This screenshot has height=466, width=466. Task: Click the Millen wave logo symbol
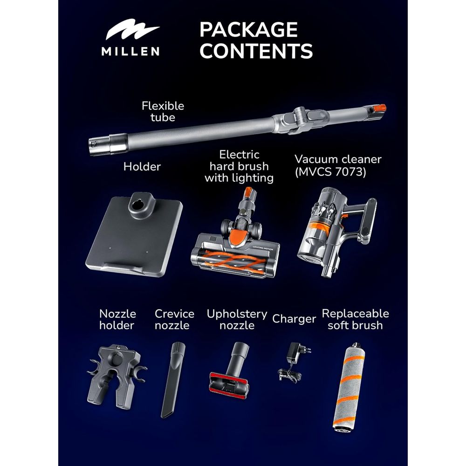(132, 29)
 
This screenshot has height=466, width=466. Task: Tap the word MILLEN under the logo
(130, 51)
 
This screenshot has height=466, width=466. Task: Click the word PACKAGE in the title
(248, 29)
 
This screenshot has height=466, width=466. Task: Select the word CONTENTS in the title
(256, 51)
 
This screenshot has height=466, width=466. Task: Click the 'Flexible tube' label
(163, 111)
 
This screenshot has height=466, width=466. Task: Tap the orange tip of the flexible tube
(379, 108)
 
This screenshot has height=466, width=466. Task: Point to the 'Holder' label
(142, 166)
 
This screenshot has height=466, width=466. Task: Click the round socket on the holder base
(137, 206)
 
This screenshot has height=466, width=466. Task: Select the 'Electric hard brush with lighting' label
(239, 166)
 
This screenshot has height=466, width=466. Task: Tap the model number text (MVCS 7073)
(330, 172)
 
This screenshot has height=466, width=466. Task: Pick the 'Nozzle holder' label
(117, 319)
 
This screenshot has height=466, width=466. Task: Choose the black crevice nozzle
(173, 380)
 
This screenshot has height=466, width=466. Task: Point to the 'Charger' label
(294, 319)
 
